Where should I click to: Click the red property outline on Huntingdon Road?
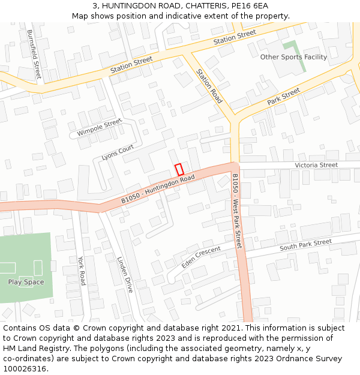pos(179,170)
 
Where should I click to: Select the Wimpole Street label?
pos(99,127)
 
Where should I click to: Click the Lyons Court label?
pos(118,152)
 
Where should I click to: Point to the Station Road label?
pos(209,86)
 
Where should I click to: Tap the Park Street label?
pos(283,97)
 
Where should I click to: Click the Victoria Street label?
pos(316,165)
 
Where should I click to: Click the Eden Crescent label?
pos(201,257)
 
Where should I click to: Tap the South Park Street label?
pos(305,245)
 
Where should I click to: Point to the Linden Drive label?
pos(124,274)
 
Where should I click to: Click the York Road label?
pos(82,271)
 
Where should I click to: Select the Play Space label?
pos(26,282)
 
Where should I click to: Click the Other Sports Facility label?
pos(293,57)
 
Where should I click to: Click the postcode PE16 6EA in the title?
pos(251,5)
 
